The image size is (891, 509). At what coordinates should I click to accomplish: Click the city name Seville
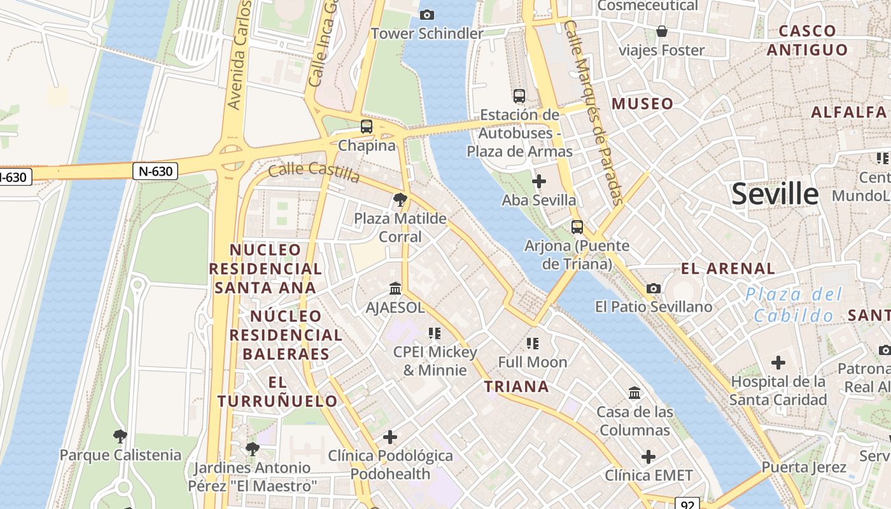pyautogui.click(x=775, y=194)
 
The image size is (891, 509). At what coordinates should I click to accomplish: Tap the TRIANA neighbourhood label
pyautogui.click(x=516, y=386)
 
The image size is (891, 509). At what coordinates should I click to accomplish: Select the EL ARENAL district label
pyautogui.click(x=728, y=268)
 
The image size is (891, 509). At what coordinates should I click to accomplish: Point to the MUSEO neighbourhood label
pyautogui.click(x=642, y=104)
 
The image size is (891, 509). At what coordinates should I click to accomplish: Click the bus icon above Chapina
pyautogui.click(x=367, y=127)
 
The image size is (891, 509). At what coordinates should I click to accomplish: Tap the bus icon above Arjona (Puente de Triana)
pyautogui.click(x=577, y=227)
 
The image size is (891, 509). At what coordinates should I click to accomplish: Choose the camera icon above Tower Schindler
pyautogui.click(x=427, y=15)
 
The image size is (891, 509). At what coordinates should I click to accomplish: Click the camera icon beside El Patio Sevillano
pyautogui.click(x=653, y=289)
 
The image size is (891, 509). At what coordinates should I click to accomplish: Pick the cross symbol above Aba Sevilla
pyautogui.click(x=538, y=181)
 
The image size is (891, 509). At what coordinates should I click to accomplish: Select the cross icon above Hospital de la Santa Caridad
pyautogui.click(x=778, y=363)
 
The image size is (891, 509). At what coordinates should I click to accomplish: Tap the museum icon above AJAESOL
pyautogui.click(x=395, y=289)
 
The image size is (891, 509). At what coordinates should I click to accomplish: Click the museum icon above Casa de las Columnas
pyautogui.click(x=635, y=393)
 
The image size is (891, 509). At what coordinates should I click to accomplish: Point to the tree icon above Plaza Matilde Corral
pyautogui.click(x=400, y=200)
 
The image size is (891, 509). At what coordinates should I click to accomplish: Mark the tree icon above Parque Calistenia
pyautogui.click(x=120, y=436)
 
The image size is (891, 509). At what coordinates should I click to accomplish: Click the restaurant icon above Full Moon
pyautogui.click(x=533, y=344)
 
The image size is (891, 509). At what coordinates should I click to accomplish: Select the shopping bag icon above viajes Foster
pyautogui.click(x=662, y=31)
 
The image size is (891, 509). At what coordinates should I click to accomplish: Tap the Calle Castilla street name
pyautogui.click(x=314, y=171)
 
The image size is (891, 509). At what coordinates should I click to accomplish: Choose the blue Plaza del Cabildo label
pyautogui.click(x=794, y=305)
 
